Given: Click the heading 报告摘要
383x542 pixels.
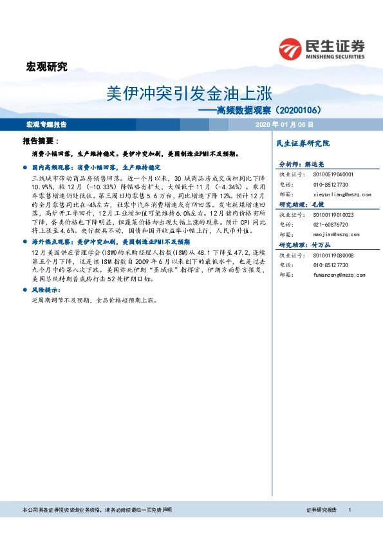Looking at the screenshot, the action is coord(41,140).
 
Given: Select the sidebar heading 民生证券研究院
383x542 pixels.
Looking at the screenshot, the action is coord(302,142).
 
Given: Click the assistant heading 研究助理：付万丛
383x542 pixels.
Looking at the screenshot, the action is coord(302,245).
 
